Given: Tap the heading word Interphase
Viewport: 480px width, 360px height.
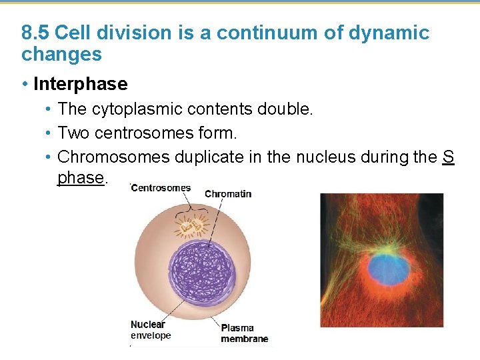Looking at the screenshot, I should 80,84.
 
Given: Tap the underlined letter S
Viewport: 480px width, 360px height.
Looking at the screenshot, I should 449,157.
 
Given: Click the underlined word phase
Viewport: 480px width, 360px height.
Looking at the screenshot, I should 81,178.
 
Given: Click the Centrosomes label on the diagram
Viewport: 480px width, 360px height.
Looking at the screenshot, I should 161,188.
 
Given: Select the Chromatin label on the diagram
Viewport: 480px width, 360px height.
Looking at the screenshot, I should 228,194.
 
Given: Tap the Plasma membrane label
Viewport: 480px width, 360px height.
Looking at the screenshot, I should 244,333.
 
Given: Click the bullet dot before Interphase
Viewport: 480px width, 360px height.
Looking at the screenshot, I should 24,84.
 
